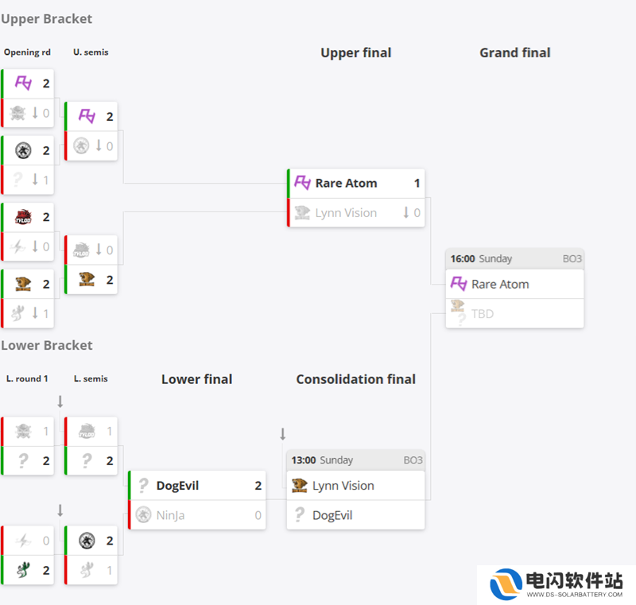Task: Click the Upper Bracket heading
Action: click(x=47, y=19)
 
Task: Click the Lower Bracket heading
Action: click(x=47, y=346)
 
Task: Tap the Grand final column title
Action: click(x=514, y=52)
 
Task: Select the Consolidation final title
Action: click(x=355, y=379)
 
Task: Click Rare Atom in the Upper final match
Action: click(x=346, y=184)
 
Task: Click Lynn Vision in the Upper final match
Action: click(x=346, y=213)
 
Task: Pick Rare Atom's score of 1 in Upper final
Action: click(x=417, y=184)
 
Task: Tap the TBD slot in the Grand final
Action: click(x=483, y=314)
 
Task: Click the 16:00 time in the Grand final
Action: click(x=463, y=258)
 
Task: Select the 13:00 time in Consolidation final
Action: click(x=304, y=460)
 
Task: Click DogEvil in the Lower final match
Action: click(x=177, y=486)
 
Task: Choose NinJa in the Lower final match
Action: click(x=170, y=515)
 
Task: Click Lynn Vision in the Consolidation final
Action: click(x=343, y=486)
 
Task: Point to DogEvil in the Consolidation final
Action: click(x=332, y=515)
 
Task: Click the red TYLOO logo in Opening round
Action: click(x=23, y=217)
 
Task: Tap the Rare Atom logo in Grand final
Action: click(x=459, y=284)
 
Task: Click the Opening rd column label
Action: click(x=27, y=52)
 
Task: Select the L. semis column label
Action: click(x=91, y=378)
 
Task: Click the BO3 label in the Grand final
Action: click(x=572, y=258)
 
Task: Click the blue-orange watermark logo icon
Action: click(x=506, y=584)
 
